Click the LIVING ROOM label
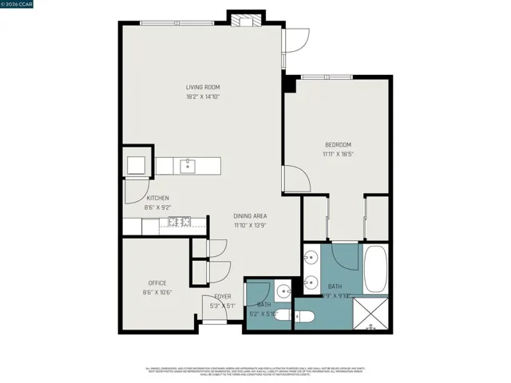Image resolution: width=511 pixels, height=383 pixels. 203,87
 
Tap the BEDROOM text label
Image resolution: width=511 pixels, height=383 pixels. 338,144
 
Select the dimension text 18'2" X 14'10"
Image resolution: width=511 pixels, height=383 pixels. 203,97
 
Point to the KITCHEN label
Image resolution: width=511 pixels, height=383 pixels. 156,198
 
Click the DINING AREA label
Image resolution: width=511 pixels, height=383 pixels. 250,216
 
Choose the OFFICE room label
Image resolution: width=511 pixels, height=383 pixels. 156,283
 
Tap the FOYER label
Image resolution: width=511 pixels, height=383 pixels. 222,297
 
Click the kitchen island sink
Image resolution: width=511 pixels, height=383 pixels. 188,166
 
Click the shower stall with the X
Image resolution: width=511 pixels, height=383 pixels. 369,314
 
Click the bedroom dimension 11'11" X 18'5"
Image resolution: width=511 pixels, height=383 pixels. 338,154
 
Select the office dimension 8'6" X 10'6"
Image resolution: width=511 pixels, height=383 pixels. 156,292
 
